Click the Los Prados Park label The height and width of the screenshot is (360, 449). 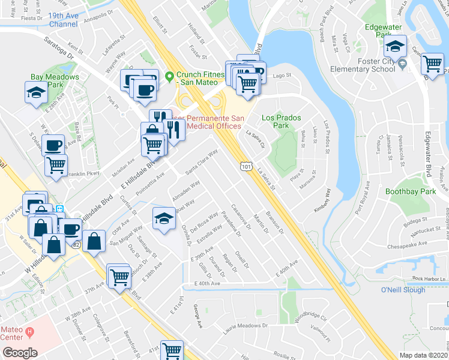(282, 122)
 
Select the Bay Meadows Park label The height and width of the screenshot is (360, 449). (55, 81)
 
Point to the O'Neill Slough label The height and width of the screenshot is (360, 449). (403, 290)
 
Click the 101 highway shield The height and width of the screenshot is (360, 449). (246, 165)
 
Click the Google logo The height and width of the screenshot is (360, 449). (20, 352)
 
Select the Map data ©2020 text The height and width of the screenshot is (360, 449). (423, 355)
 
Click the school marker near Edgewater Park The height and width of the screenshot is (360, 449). (396, 47)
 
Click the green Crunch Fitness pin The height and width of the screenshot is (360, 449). (169, 76)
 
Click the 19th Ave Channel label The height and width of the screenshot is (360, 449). (63, 20)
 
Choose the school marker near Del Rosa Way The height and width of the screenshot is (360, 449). (163, 218)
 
